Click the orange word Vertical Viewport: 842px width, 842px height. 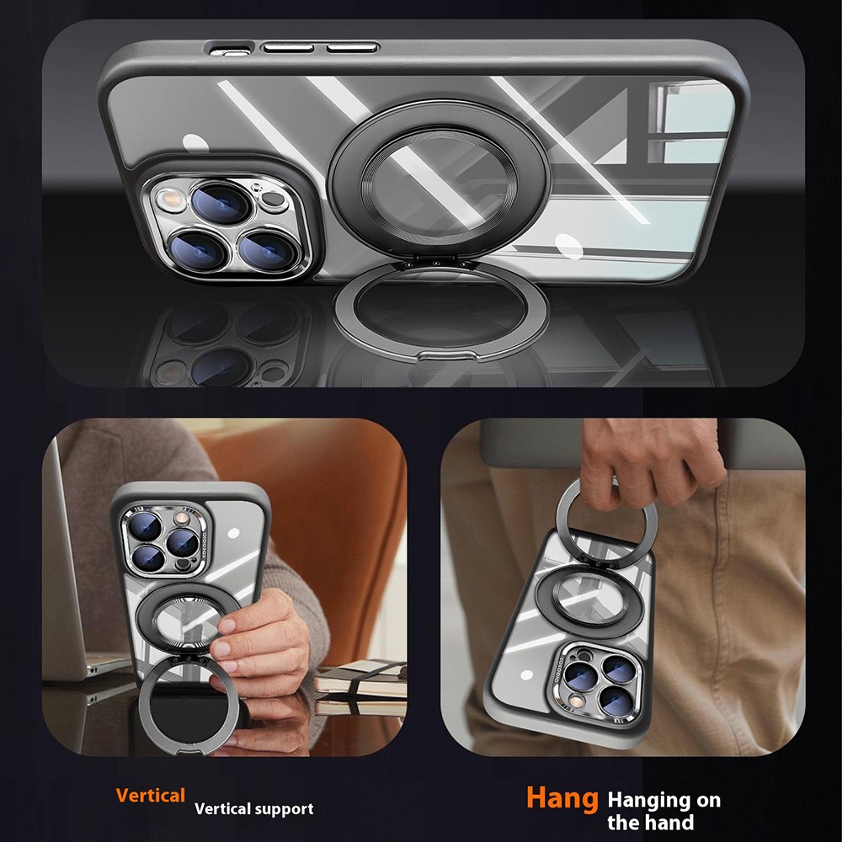(x=151, y=796)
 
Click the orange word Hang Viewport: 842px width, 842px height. (x=562, y=798)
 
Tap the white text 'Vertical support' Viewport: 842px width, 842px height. (x=254, y=808)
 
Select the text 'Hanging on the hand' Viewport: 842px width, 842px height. (x=663, y=811)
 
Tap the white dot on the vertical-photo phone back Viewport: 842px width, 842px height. (x=233, y=533)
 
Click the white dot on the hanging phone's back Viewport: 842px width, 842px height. (x=527, y=675)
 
